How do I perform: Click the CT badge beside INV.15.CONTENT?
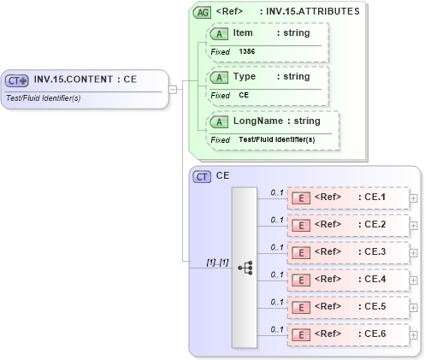click(17, 80)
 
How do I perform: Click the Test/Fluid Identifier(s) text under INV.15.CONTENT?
click(43, 97)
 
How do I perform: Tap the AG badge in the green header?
click(203, 12)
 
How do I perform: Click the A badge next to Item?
click(220, 32)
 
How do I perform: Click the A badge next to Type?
click(220, 77)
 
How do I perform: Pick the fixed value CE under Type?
click(244, 96)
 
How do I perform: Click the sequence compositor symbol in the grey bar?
click(244, 267)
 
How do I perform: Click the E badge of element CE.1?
click(301, 198)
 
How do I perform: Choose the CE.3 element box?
click(347, 252)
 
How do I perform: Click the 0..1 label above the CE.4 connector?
click(276, 274)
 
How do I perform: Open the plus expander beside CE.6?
click(414, 334)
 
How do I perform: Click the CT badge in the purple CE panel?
click(203, 176)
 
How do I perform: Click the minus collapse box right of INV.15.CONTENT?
click(173, 88)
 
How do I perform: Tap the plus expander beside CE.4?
click(414, 280)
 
